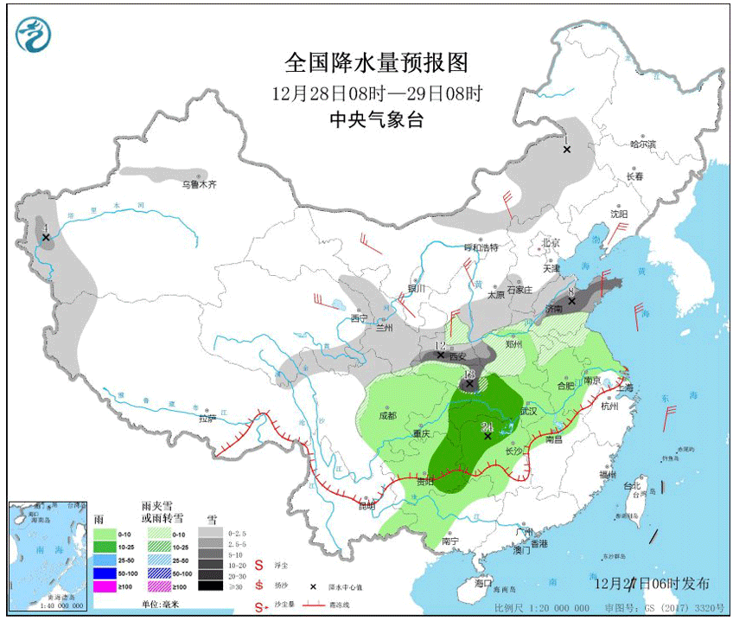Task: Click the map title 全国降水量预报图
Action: [x=375, y=63]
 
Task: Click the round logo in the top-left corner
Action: [x=34, y=34]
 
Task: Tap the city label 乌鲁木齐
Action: [x=198, y=183]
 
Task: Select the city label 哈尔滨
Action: [x=642, y=144]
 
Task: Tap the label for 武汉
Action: [x=528, y=412]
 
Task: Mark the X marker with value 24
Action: [x=488, y=436]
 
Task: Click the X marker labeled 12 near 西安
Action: [x=441, y=355]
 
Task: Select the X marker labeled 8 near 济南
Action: [x=571, y=301]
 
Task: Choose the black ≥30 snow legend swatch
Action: [x=208, y=586]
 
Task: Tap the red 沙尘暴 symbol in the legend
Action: [x=260, y=605]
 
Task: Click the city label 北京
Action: [x=551, y=242]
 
